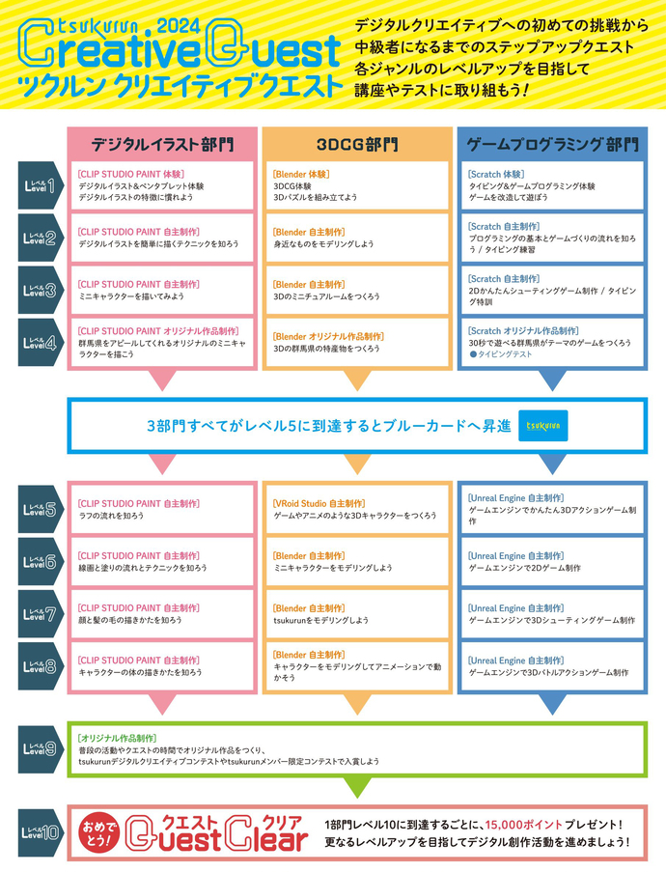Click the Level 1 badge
[x=40, y=185]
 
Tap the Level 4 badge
[x=40, y=342]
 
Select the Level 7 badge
[x=40, y=613]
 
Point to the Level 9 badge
[x=40, y=748]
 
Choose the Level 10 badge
[x=40, y=832]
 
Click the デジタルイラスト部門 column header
[x=162, y=145]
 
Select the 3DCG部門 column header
[x=357, y=145]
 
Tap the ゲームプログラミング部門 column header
[x=552, y=145]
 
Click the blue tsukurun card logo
[x=542, y=426]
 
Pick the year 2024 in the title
[x=178, y=25]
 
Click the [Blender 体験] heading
[x=301, y=174]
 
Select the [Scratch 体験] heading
[x=496, y=174]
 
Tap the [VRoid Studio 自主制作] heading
[x=319, y=503]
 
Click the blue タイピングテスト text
[x=501, y=354]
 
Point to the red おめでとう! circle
[x=99, y=832]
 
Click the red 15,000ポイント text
[x=523, y=824]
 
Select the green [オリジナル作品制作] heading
[x=117, y=738]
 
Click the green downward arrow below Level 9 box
[x=357, y=788]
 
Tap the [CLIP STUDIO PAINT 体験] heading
[x=130, y=174]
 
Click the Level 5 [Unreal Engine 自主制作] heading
[x=515, y=497]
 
